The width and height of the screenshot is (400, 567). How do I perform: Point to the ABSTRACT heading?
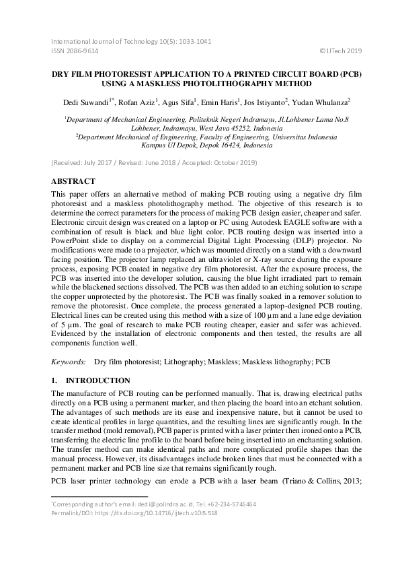74,181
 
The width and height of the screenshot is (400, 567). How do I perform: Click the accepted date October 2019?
237,163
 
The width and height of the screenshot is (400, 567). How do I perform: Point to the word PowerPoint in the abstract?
75,244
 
